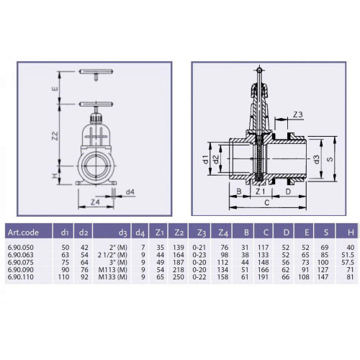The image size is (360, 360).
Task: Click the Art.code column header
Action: point(23,233)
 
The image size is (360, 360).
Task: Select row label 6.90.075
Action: point(21,262)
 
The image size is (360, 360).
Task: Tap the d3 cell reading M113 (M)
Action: point(112,270)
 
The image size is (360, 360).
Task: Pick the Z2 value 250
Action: point(179,277)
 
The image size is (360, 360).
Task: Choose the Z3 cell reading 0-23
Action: point(199,255)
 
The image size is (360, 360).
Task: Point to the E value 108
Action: point(304,277)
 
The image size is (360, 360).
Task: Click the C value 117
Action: point(263,248)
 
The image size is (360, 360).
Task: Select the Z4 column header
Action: point(223,233)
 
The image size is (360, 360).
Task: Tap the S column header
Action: point(325,233)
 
